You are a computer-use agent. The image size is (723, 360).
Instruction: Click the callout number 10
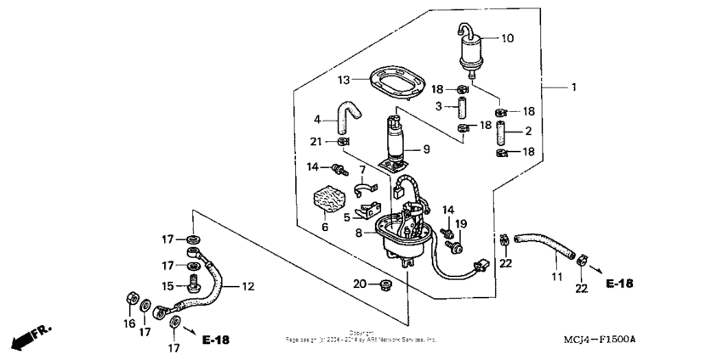(507, 38)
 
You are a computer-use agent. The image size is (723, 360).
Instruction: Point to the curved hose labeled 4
(348, 116)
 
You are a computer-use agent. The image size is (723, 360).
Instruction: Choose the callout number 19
(461, 222)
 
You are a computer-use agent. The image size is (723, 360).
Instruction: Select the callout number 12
(248, 286)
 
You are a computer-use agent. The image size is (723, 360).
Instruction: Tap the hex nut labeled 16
(133, 297)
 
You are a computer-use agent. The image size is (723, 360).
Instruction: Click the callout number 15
(168, 285)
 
